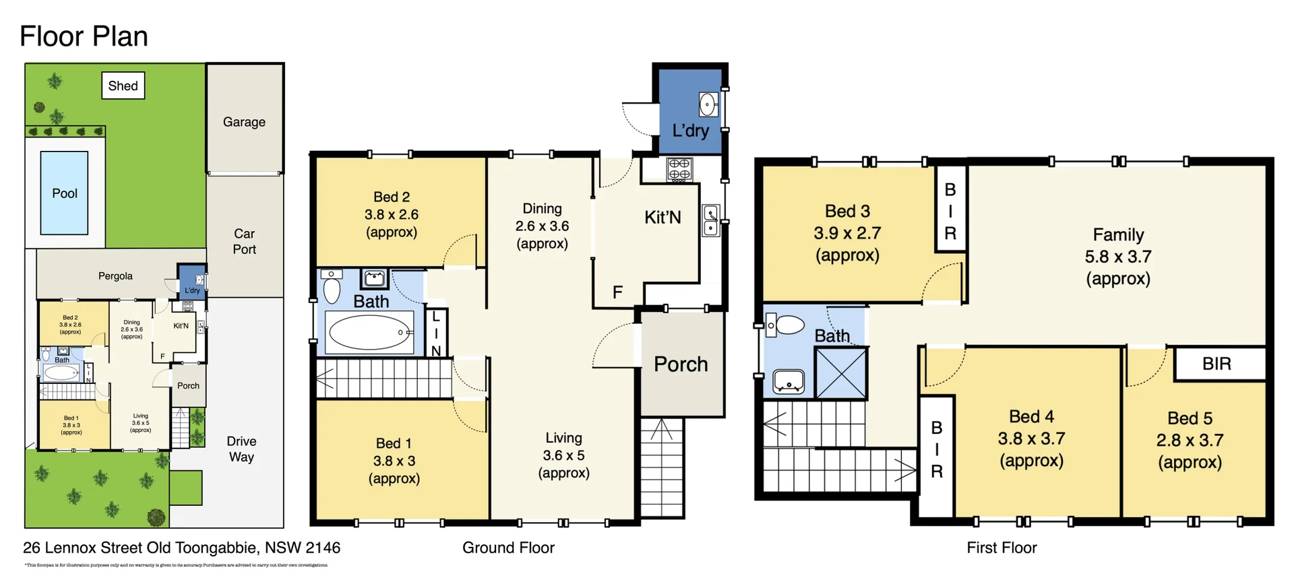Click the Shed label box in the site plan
(x=123, y=86)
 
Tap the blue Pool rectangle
(x=64, y=193)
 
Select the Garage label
(x=244, y=122)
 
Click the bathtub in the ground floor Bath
(x=369, y=332)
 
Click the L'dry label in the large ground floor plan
(x=690, y=130)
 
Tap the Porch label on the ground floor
(x=681, y=364)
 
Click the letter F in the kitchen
(x=617, y=292)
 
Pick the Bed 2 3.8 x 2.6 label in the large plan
(x=392, y=214)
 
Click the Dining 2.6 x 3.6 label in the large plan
(x=542, y=226)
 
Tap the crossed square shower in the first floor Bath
(x=840, y=372)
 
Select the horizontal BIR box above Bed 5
(x=1217, y=364)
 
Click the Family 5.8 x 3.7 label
(x=1118, y=257)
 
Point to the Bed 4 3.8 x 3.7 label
(x=1031, y=438)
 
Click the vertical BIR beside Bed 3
(x=950, y=211)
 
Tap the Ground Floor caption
(x=508, y=548)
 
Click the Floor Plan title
(x=84, y=36)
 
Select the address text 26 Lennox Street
(x=181, y=548)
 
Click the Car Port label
(x=244, y=241)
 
